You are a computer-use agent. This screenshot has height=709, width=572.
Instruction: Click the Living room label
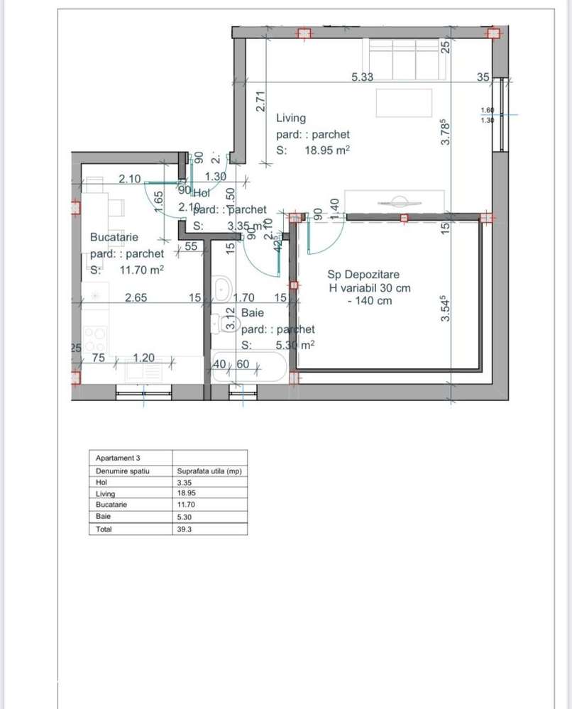[x=291, y=118]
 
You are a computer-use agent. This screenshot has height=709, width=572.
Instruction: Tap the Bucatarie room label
[x=114, y=237]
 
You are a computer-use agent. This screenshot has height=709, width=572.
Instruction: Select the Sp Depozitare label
[x=363, y=274]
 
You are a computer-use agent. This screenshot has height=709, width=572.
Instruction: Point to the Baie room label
[x=253, y=312]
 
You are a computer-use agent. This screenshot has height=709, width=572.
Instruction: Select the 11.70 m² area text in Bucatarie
[x=142, y=270]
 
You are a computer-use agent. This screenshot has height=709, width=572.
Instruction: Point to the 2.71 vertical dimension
[x=260, y=101]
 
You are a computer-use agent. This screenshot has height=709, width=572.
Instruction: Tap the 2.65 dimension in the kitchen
[x=136, y=298]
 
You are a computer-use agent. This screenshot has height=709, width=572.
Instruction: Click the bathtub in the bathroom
[x=250, y=366]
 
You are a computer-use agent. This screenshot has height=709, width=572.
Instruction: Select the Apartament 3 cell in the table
[x=118, y=458]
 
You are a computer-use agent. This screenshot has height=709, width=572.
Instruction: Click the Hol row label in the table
[x=101, y=482]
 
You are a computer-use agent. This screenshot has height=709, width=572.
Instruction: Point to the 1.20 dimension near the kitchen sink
[x=144, y=358]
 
